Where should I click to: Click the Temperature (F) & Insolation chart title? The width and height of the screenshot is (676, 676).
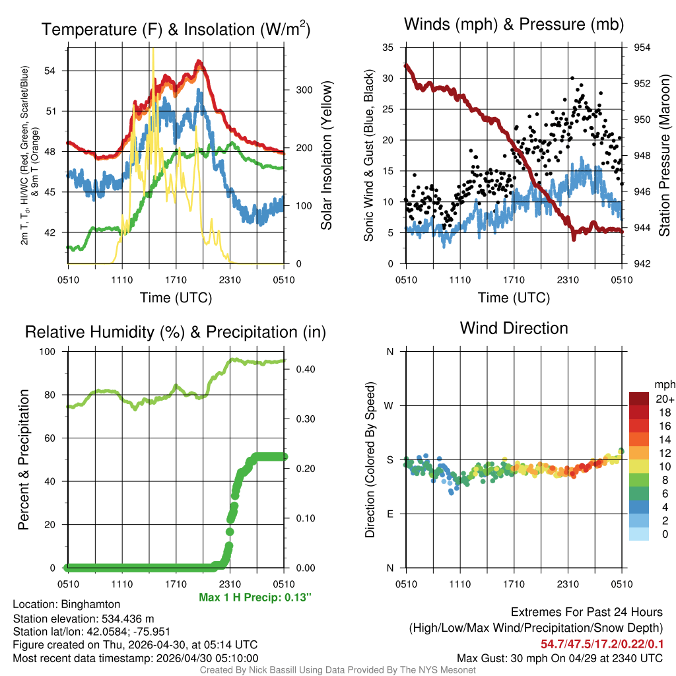pyautogui.click(x=176, y=30)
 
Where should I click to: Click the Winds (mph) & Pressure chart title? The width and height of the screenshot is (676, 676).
pyautogui.click(x=514, y=25)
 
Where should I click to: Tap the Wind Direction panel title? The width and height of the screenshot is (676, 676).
pyautogui.click(x=514, y=328)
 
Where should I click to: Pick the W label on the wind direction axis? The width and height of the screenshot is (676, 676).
pyautogui.click(x=389, y=405)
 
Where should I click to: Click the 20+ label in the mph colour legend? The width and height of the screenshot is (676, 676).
pyautogui.click(x=664, y=399)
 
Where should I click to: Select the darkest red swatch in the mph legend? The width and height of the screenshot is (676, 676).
pyautogui.click(x=639, y=399)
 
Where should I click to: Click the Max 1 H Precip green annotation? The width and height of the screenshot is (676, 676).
pyautogui.click(x=254, y=597)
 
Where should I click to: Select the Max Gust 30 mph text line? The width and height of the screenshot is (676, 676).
pyautogui.click(x=560, y=658)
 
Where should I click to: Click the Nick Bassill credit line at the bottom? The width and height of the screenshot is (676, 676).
pyautogui.click(x=337, y=669)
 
